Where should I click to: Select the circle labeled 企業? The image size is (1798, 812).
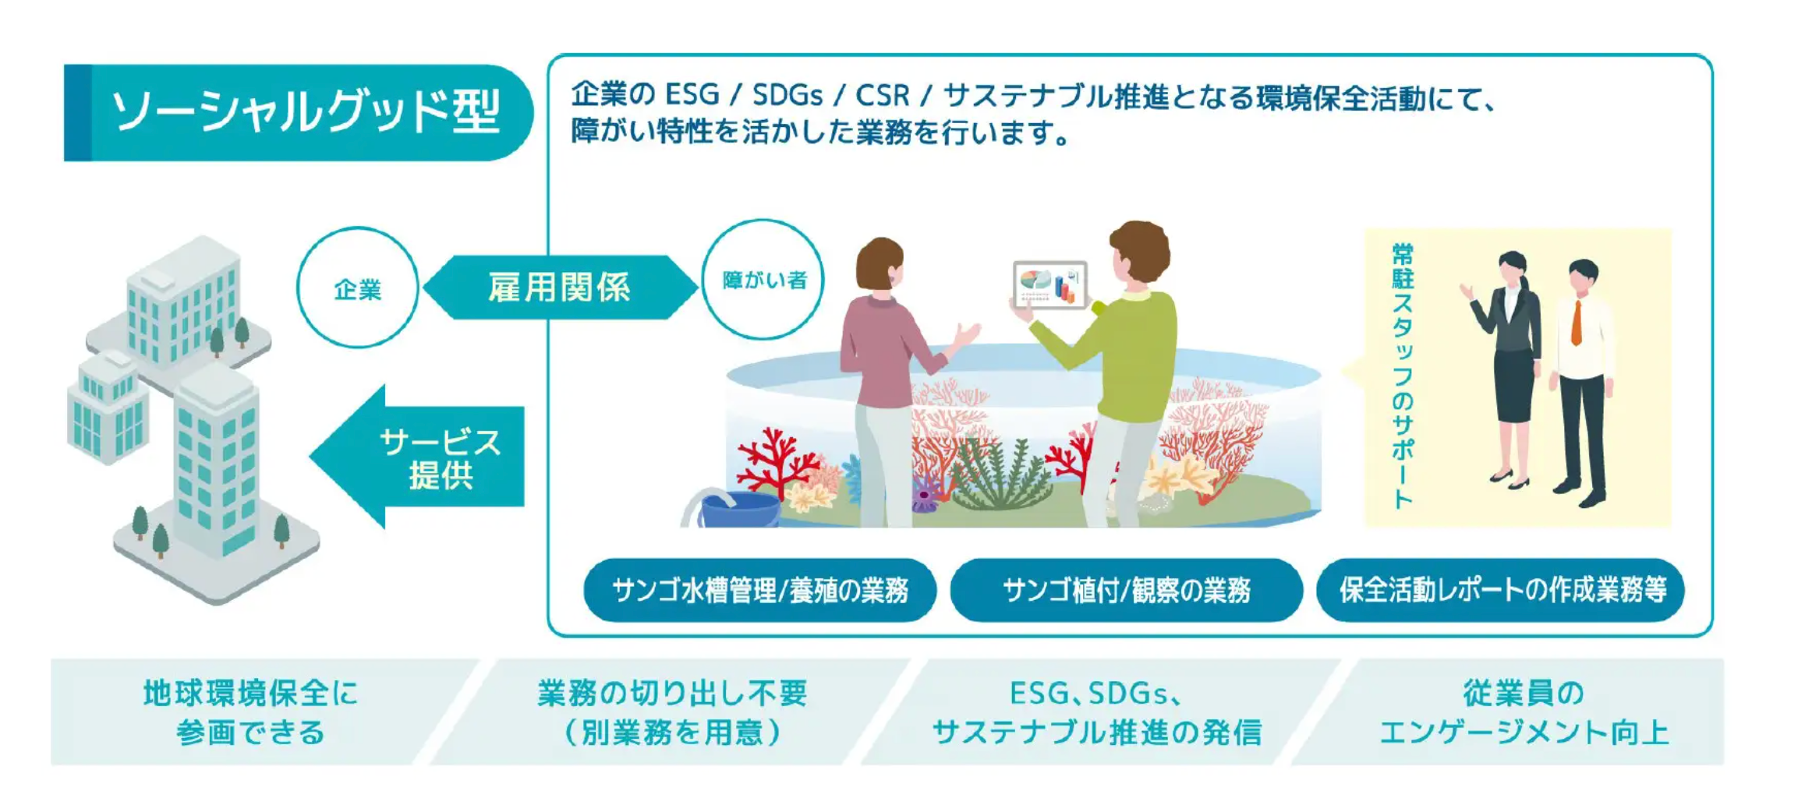358,288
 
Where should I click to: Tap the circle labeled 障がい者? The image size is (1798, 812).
763,280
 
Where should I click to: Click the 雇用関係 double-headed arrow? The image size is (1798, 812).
559,288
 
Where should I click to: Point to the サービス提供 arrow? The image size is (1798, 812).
425,457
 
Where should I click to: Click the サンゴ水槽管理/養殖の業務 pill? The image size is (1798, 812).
759,590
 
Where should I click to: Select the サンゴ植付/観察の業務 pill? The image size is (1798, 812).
1126,590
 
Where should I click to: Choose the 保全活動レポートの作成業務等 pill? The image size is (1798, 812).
1501,590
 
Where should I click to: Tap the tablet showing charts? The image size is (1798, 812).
1049,284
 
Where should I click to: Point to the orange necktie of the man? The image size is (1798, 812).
1577,322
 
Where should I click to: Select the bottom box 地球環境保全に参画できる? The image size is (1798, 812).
250,711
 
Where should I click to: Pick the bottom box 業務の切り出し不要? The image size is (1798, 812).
671,711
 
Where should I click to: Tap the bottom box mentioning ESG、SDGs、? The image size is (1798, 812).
1096,711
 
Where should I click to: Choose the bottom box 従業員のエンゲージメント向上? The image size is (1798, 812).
1523,711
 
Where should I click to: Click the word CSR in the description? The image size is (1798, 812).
883,95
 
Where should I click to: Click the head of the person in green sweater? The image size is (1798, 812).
1139,252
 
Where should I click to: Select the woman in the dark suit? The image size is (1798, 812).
1513,366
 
